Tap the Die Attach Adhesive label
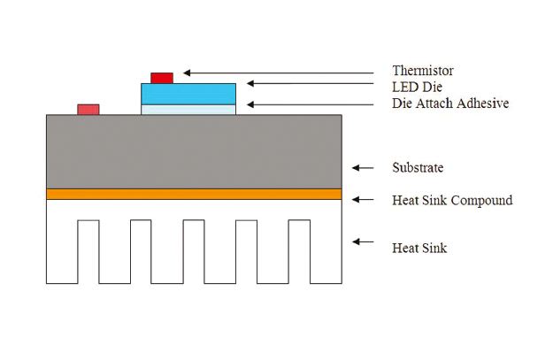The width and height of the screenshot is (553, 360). (x=450, y=103)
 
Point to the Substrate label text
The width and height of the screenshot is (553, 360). (x=418, y=167)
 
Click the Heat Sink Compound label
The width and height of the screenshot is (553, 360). (x=452, y=200)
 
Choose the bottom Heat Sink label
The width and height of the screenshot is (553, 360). (x=419, y=248)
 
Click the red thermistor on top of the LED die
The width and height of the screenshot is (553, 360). (x=162, y=78)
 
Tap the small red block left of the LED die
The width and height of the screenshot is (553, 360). (x=88, y=109)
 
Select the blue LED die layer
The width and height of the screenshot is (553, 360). (x=188, y=93)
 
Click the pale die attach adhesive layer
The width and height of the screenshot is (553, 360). (x=188, y=109)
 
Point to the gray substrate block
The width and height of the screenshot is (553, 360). (x=194, y=150)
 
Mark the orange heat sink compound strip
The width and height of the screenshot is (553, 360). (x=194, y=194)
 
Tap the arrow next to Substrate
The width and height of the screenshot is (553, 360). (x=363, y=167)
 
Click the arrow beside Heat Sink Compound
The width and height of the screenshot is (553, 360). (x=363, y=200)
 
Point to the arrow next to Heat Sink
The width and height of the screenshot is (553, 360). (x=363, y=241)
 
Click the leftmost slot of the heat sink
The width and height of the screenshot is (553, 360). (x=88, y=251)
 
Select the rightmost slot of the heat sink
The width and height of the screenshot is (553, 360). (x=299, y=251)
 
